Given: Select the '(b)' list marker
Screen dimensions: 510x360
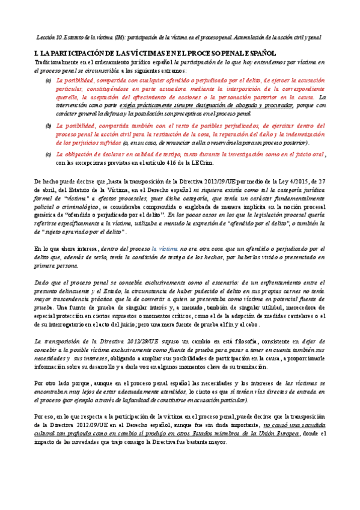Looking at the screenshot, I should point(49,126).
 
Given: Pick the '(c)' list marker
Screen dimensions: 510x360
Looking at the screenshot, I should point(49,155).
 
